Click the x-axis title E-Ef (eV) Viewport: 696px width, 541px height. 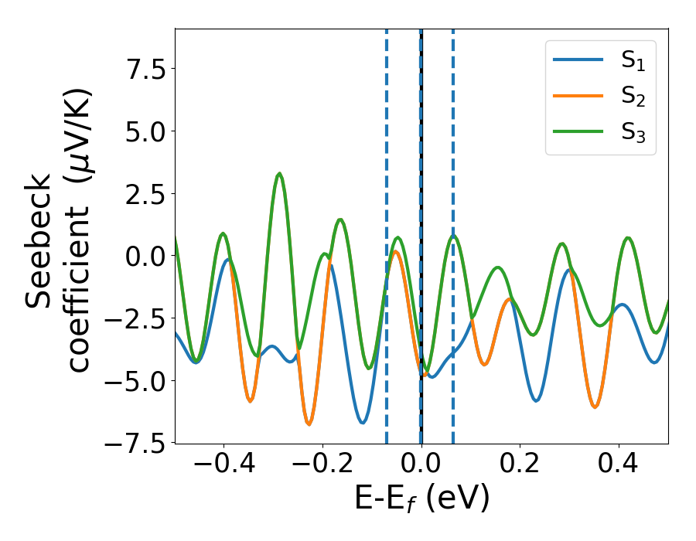pyautogui.click(x=422, y=500)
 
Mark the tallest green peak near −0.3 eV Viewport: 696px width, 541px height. pyautogui.click(x=279, y=174)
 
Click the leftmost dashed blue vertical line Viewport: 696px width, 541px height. pyautogui.click(x=387, y=232)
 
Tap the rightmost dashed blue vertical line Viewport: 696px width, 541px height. pyautogui.click(x=452, y=232)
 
